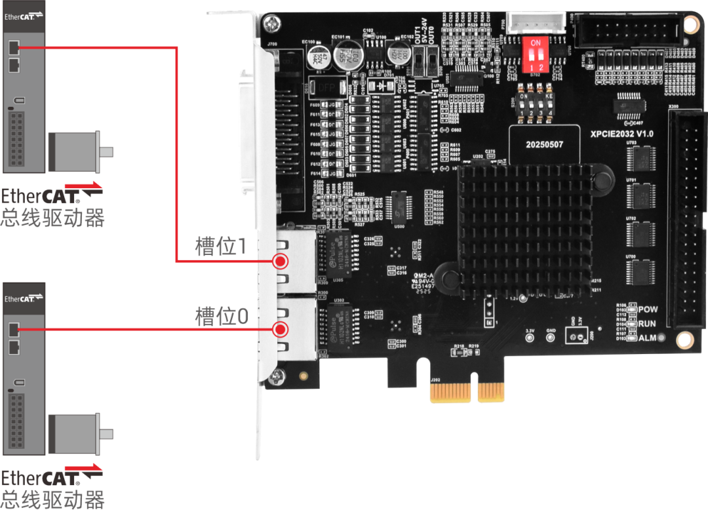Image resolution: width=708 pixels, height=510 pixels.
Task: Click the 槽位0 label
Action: [x=222, y=317]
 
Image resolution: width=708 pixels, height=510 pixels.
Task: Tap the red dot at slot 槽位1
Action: [x=281, y=262]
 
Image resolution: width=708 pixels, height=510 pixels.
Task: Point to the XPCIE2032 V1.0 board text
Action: [x=621, y=134]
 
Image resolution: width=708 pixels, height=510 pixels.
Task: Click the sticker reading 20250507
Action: [x=545, y=144]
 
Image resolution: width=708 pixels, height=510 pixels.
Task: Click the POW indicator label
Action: [x=648, y=309]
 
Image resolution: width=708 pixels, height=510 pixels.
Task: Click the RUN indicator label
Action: [x=647, y=323]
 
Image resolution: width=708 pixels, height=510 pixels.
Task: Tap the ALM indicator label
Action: [x=647, y=338]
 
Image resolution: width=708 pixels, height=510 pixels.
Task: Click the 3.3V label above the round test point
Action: [x=530, y=330]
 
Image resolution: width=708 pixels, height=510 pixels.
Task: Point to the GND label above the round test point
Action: [x=551, y=330]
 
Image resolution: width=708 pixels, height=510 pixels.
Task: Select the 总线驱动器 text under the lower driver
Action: [x=52, y=500]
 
